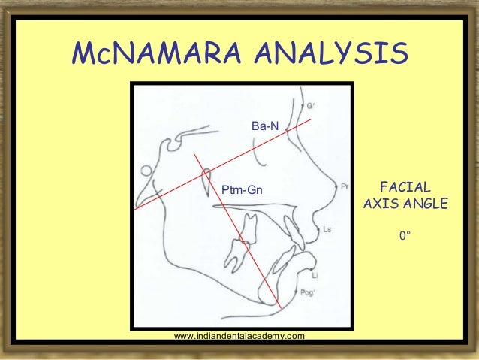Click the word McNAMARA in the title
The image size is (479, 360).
point(153,53)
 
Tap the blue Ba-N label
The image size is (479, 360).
point(264,128)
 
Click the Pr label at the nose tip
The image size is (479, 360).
point(344,186)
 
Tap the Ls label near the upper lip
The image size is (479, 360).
point(327,228)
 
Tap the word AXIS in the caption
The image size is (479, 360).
point(381,204)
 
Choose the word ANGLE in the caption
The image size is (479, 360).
point(424,204)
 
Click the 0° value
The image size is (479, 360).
point(405,236)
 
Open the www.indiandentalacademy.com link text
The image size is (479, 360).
point(239,335)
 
